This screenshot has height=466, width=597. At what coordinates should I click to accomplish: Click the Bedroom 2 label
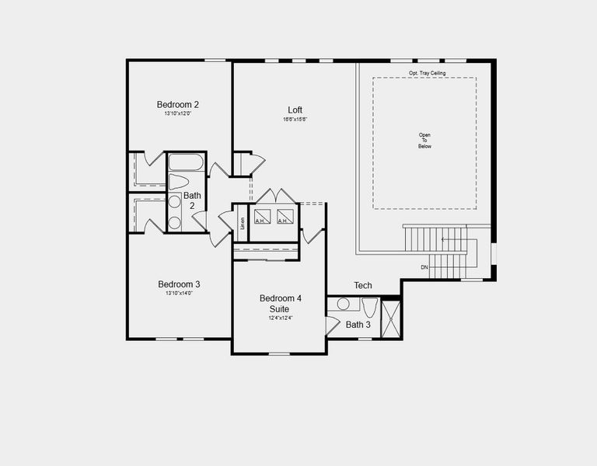click(x=178, y=105)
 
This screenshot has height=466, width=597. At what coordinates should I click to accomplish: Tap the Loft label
click(x=295, y=110)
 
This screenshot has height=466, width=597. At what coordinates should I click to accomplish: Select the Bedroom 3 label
click(x=179, y=284)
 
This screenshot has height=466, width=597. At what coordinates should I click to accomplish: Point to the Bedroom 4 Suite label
click(x=280, y=304)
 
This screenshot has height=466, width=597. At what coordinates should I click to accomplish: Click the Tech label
click(x=363, y=286)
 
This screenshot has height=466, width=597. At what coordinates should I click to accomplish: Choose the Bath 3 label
click(x=358, y=325)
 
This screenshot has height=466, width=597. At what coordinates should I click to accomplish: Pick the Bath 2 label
click(x=192, y=200)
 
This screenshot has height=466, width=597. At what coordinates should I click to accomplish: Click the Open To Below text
click(x=424, y=141)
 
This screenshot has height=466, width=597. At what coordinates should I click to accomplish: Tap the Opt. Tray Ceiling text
click(x=428, y=73)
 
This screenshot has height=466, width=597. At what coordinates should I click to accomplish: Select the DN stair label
click(x=424, y=267)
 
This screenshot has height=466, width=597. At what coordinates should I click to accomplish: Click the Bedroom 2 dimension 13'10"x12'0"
click(x=178, y=114)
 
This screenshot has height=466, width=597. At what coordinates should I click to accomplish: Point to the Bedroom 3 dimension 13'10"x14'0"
click(x=179, y=294)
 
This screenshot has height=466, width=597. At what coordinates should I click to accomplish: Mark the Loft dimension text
click(x=295, y=119)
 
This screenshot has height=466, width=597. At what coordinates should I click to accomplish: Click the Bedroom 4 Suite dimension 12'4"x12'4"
click(x=280, y=318)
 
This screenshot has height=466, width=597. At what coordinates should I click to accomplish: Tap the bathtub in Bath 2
click(x=186, y=162)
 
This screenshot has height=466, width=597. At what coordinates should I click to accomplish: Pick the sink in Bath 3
click(x=344, y=305)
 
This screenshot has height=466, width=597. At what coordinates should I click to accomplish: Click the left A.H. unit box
click(x=261, y=217)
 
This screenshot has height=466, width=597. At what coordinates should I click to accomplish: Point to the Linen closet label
click(x=242, y=223)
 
